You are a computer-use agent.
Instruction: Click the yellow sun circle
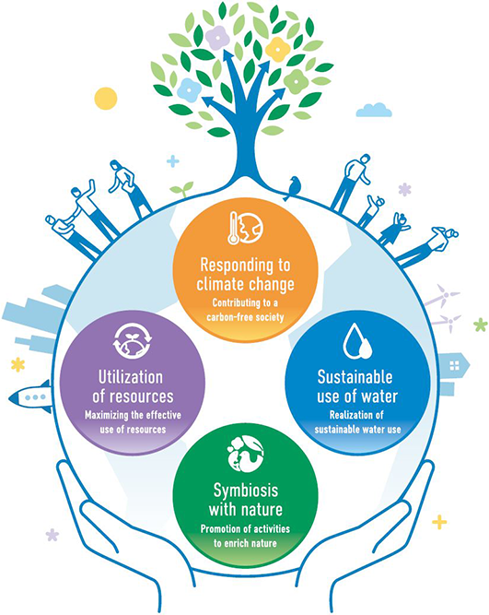[x=106, y=98]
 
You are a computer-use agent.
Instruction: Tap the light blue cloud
[x=374, y=110]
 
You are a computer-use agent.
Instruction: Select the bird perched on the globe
[x=293, y=188]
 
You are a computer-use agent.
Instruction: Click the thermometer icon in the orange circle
[x=233, y=228]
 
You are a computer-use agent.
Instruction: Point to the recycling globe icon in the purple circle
[x=133, y=340]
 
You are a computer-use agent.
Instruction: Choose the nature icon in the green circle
[x=245, y=455]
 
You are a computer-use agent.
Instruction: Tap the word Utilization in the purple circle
[x=131, y=377]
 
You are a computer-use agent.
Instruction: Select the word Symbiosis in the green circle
[x=246, y=491]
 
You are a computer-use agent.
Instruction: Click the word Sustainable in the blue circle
[x=355, y=377]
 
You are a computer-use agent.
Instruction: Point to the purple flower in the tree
[x=217, y=38]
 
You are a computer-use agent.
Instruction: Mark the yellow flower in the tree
[x=278, y=50]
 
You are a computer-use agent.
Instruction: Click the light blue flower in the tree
[x=190, y=89]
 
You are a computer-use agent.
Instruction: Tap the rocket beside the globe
[x=30, y=396]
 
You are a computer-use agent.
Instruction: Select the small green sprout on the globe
[x=181, y=189]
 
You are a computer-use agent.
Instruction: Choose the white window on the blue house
[x=454, y=366]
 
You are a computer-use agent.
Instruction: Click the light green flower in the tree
[x=297, y=81]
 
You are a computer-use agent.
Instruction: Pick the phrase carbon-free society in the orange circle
[x=245, y=317]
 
